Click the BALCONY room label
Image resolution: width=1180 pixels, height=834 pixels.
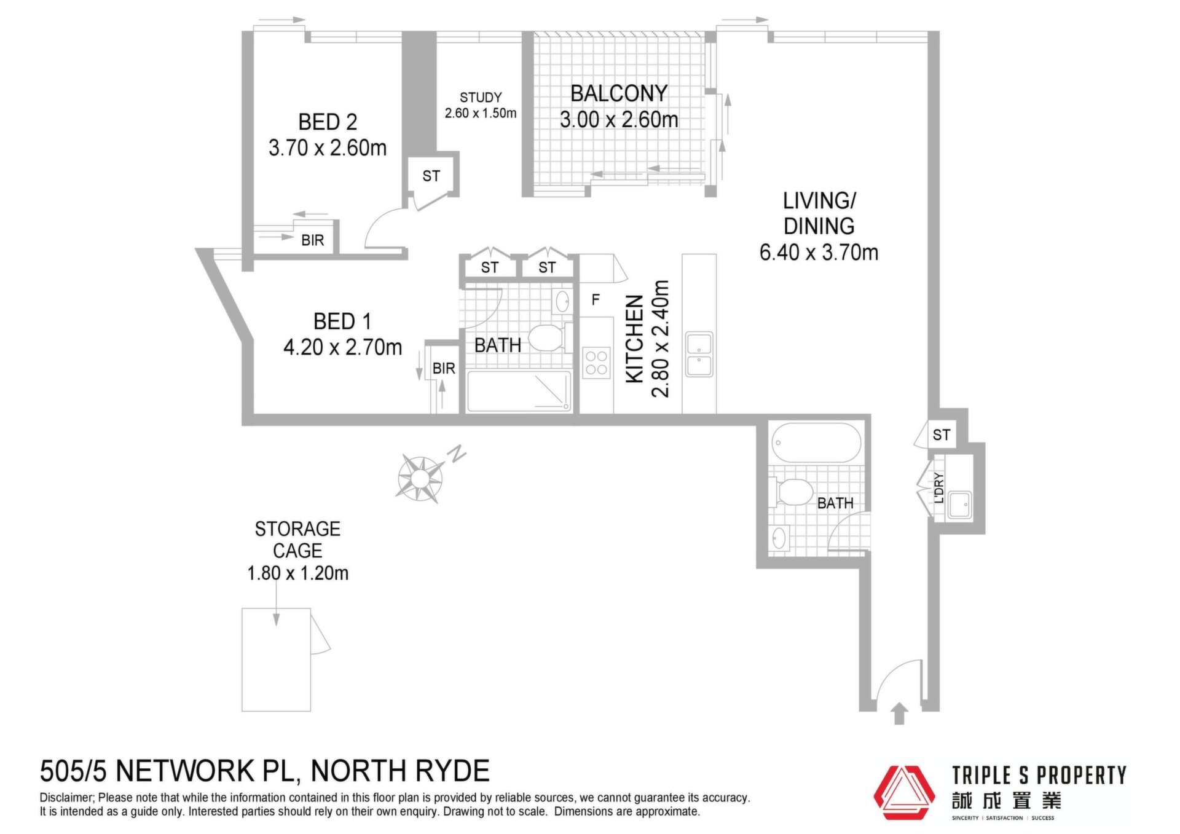point(619,93)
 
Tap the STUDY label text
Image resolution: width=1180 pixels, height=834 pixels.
point(481,97)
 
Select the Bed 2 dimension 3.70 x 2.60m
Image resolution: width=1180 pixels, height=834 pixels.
point(328,148)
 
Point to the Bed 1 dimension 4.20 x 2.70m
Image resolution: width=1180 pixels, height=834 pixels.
point(342,347)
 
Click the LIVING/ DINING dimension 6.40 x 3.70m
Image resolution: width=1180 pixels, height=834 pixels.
point(819,252)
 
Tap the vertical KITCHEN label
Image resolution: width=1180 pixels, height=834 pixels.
point(634,339)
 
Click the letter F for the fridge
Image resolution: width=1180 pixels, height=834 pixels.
point(595,300)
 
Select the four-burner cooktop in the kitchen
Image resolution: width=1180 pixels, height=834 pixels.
point(596,363)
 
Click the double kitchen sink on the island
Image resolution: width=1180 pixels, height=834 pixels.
point(699,354)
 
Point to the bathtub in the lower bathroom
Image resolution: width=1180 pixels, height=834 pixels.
point(816,443)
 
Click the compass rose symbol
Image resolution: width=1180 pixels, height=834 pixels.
point(420,478)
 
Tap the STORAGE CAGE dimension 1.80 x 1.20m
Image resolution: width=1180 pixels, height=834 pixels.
point(297,573)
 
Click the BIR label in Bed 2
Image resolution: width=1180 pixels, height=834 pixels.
point(312,240)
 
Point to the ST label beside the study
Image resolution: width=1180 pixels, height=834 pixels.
point(431,176)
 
